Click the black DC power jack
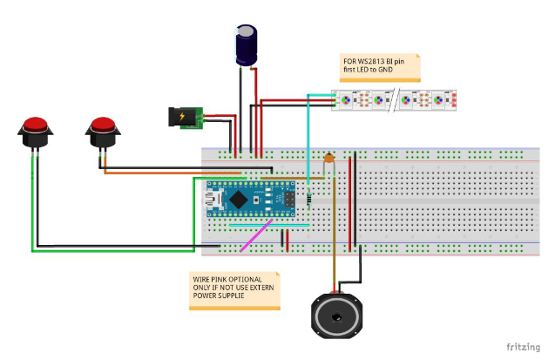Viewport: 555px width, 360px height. [185, 117]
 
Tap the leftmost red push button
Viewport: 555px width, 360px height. [35, 130]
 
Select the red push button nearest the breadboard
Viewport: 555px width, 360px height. [103, 131]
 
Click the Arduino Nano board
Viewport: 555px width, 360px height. [254, 200]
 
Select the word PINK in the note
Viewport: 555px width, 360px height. [220, 280]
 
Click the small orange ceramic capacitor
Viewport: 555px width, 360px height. [328, 160]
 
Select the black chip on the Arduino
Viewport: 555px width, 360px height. [258, 200]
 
